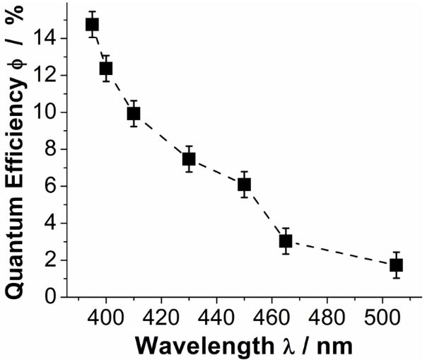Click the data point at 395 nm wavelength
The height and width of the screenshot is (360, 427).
tap(92, 24)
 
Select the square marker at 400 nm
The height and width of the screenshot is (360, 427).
tap(106, 69)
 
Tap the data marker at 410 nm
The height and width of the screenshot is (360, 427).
tap(134, 113)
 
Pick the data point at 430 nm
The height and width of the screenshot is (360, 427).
tap(189, 158)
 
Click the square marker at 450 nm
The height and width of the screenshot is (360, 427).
tap(244, 185)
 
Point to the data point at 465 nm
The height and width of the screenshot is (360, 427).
tap(286, 241)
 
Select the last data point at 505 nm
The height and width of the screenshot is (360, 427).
tap(396, 265)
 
